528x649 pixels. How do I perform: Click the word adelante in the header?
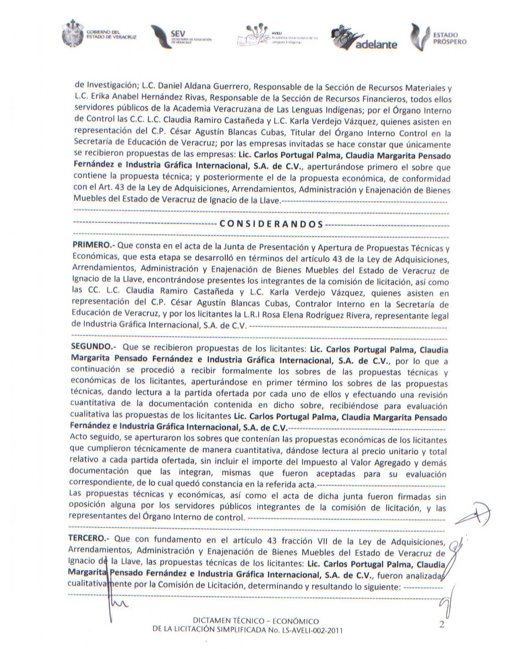376,45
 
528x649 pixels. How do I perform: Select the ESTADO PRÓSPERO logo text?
449,39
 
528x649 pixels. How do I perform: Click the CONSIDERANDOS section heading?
271,224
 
